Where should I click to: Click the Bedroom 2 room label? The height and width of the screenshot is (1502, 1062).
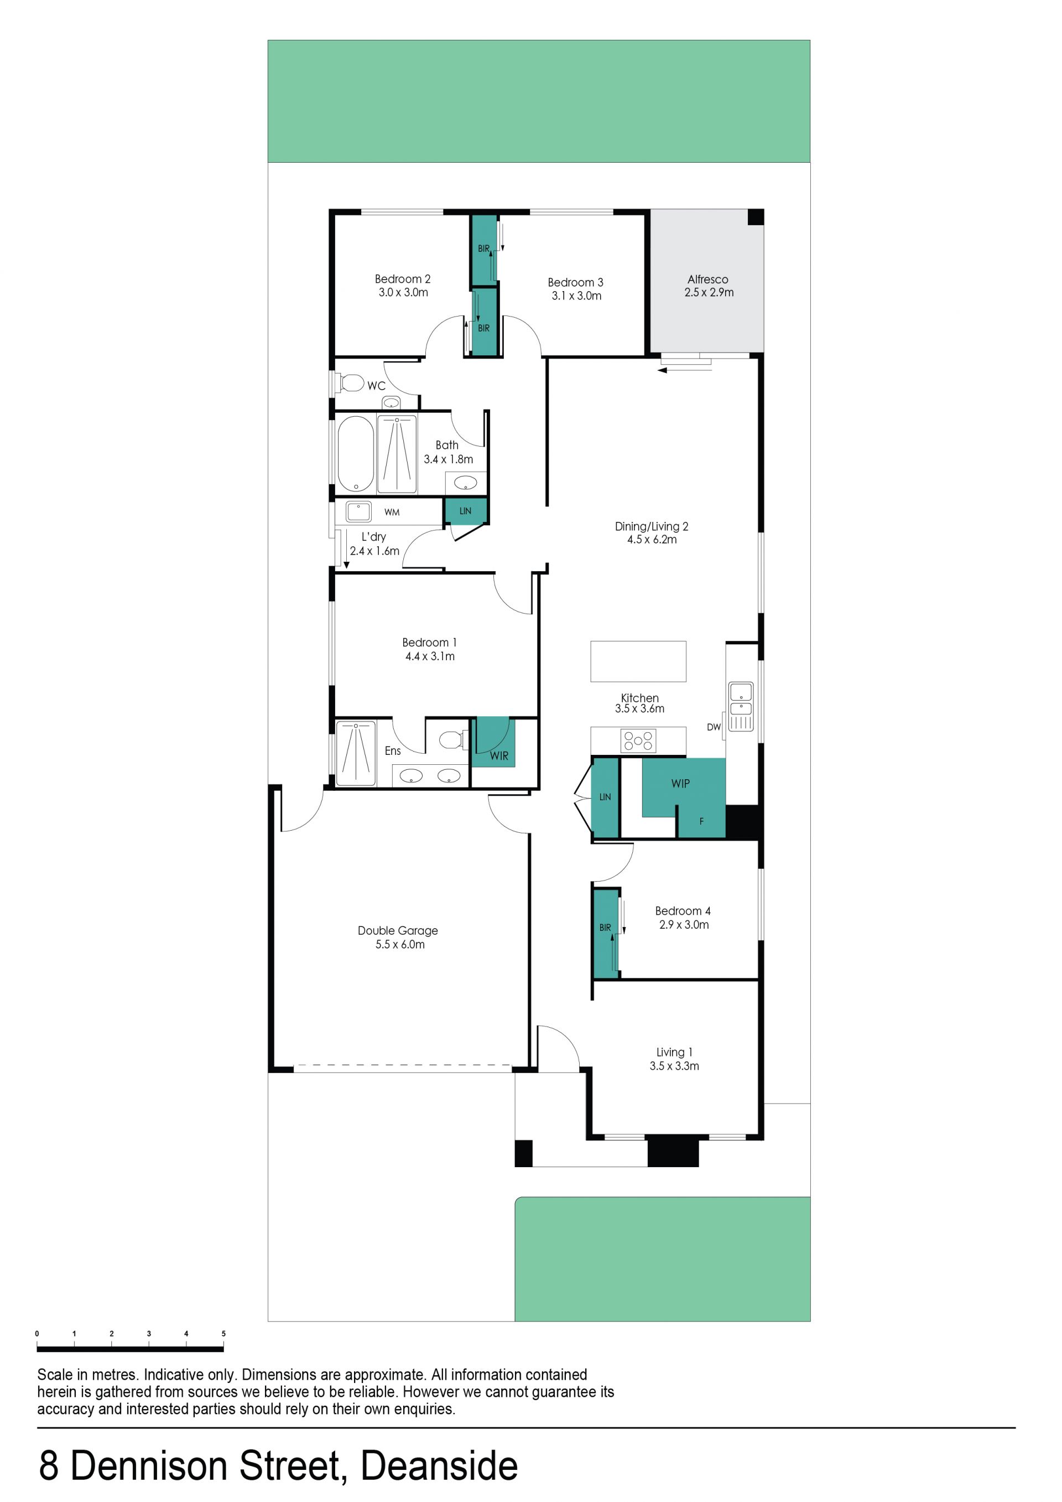(402, 279)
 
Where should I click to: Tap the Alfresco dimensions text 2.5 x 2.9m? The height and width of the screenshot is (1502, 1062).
(709, 292)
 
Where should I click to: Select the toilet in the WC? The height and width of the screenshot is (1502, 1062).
(351, 383)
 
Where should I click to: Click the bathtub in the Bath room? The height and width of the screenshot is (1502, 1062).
(356, 453)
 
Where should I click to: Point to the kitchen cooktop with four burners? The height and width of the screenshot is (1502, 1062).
(638, 740)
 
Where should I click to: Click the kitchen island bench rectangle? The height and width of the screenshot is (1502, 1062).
(638, 661)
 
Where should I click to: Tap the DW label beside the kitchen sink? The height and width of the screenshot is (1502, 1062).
(714, 727)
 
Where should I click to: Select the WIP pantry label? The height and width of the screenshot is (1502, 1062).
(680, 784)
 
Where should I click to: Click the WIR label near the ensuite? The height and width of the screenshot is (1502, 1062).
(499, 755)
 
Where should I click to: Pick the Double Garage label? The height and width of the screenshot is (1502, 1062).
(398, 930)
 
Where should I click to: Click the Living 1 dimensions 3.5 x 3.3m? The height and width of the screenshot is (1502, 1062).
(674, 1066)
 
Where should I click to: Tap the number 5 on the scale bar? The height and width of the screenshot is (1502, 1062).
(223, 1333)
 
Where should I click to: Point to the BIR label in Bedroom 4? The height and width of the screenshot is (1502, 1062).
(605, 928)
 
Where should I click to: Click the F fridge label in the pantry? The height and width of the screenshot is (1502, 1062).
(702, 821)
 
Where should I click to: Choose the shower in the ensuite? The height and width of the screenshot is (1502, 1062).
(356, 753)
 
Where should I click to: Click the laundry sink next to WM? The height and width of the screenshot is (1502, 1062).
(358, 511)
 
